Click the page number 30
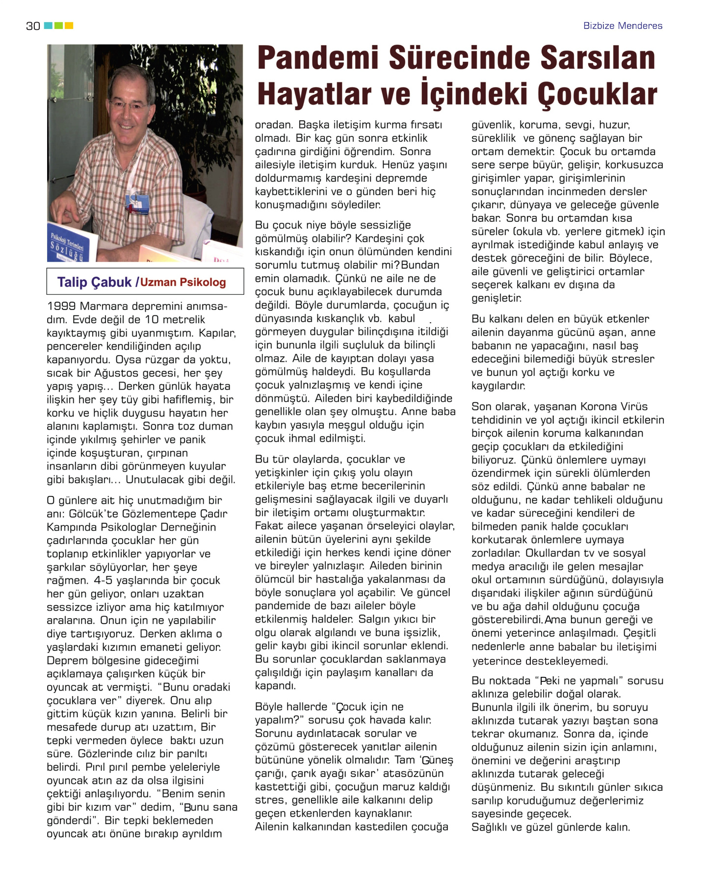click(x=33, y=26)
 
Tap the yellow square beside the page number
click(x=69, y=26)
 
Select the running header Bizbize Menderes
click(x=622, y=26)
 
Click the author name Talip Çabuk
click(x=94, y=282)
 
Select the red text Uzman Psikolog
click(x=183, y=283)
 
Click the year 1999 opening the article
click(x=61, y=307)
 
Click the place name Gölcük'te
click(x=93, y=514)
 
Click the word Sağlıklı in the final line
click(x=491, y=828)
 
